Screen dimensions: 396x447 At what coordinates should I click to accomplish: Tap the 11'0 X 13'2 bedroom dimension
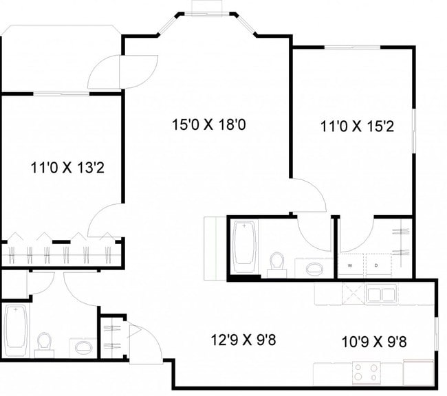point(67,166)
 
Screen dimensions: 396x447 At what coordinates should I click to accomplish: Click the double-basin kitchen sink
point(380,295)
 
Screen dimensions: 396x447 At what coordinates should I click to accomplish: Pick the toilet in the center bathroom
point(277,263)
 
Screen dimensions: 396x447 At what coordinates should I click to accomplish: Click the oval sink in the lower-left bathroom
point(82,346)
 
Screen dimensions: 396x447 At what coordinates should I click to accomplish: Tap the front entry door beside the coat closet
point(145,344)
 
